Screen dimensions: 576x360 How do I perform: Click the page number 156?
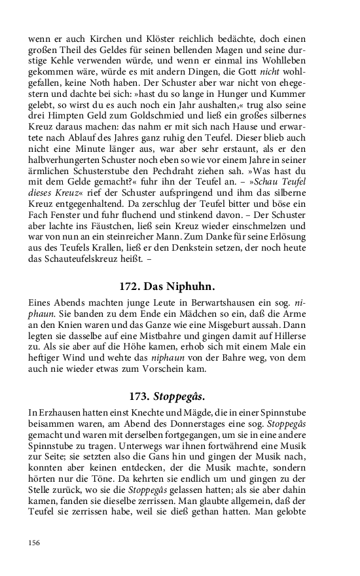[34, 542]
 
